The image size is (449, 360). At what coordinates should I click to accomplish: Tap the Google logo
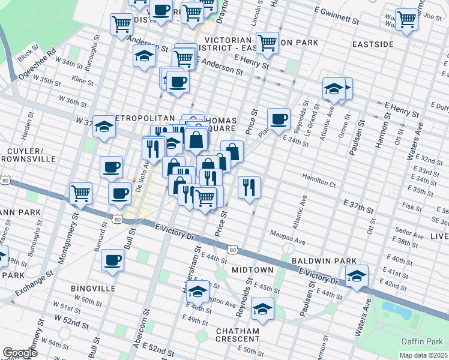pos(20,353)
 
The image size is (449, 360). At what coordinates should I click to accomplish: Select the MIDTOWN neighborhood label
pos(253,270)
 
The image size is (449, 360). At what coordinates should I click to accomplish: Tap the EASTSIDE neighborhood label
pos(373,45)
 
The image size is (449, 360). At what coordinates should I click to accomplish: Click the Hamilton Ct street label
pos(319,181)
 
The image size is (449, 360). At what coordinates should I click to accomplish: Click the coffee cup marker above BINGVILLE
pos(112,259)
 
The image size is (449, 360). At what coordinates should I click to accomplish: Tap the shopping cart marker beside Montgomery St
pos(80,193)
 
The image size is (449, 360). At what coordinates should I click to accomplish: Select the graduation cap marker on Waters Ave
pos(357,276)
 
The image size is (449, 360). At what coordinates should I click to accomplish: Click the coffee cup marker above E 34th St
pos(278,119)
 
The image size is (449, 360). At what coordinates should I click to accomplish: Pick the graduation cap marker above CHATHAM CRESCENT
pos(262,309)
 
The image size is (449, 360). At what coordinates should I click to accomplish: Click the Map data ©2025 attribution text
pos(423,355)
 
